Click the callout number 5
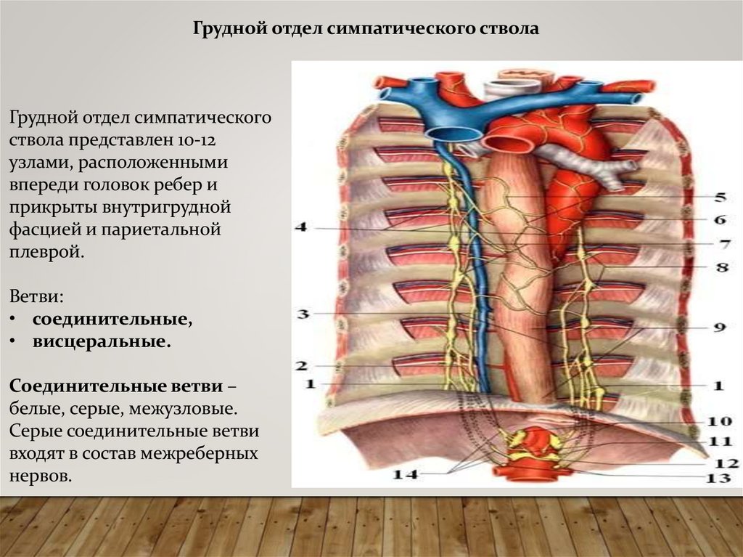point(720,196)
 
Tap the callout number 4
point(301,227)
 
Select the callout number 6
point(720,219)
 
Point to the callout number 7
point(724,243)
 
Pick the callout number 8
point(721,267)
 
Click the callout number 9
point(719,328)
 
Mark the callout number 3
point(303,314)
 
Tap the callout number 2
point(302,366)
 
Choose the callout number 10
point(720,420)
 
